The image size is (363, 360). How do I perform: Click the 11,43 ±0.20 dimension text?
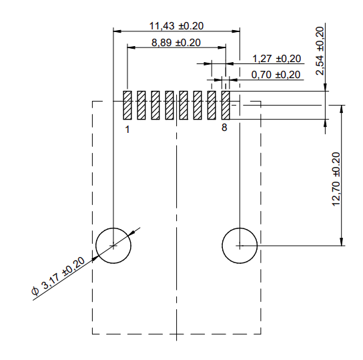tap(176, 25)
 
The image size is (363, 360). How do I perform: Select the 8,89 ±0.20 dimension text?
tap(176, 42)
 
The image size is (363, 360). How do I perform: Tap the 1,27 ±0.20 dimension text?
tap(276, 59)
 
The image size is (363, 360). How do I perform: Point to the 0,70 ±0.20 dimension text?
tap(276, 74)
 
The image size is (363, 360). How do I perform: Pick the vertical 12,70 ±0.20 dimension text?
tap(336, 180)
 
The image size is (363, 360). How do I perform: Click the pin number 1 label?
tap(127, 129)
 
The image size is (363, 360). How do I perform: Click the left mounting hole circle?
tap(113, 245)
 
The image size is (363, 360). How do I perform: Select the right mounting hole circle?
tap(238, 245)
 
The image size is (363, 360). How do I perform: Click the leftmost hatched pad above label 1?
tap(127, 106)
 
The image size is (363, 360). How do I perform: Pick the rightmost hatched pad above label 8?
tap(225, 106)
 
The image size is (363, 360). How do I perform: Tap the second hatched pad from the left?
tap(141, 106)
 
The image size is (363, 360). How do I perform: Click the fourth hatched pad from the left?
tap(169, 106)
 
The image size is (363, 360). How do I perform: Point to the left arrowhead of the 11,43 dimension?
tap(117, 31)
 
